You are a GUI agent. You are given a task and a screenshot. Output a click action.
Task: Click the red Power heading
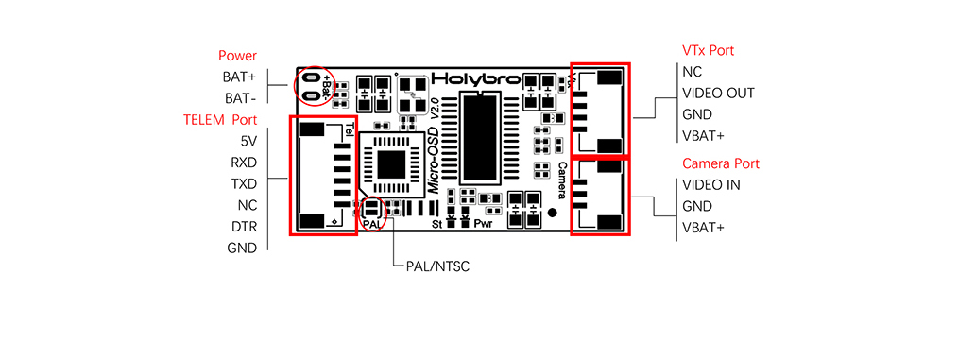[x=237, y=56]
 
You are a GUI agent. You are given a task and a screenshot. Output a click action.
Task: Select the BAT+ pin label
[x=240, y=77]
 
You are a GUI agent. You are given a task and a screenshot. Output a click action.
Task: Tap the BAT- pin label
[x=240, y=98]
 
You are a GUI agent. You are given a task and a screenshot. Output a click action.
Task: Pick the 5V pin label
[x=248, y=141]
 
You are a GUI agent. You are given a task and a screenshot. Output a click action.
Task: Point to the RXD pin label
[x=244, y=163]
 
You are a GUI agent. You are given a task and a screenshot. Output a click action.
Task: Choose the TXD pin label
[x=244, y=183]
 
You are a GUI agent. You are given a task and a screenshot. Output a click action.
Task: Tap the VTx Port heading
[x=708, y=50]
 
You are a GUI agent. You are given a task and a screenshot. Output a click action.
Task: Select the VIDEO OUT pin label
[x=718, y=93]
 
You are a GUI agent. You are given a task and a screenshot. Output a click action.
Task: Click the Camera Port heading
[x=720, y=163]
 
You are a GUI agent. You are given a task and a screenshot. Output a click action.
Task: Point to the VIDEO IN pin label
[x=710, y=184]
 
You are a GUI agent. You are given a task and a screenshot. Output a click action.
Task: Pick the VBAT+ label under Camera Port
[x=703, y=228]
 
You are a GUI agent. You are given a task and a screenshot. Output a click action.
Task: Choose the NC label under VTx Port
[x=692, y=71]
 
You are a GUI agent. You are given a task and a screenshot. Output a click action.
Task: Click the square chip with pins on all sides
[x=390, y=163]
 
